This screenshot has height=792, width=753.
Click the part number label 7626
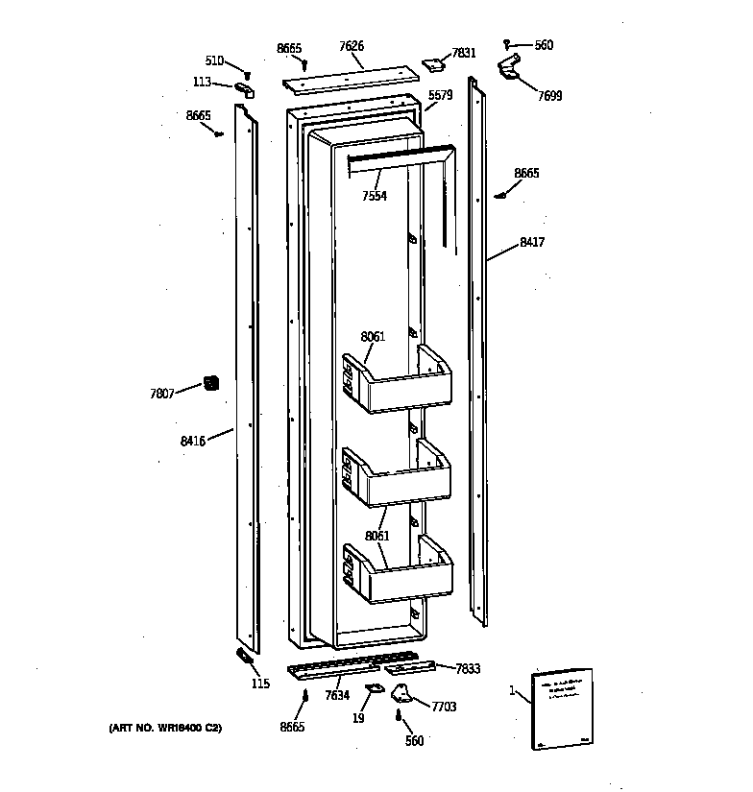[352, 45]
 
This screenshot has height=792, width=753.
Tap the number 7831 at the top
[463, 53]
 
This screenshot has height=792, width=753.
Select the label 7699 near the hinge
[549, 96]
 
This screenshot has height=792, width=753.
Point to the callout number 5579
[440, 95]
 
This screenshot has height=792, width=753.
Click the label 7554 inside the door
[375, 196]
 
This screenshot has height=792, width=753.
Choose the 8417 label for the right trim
[532, 243]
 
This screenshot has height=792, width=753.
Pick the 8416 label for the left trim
[193, 441]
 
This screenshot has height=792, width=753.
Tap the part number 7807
[162, 394]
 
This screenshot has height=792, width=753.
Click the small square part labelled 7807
[210, 383]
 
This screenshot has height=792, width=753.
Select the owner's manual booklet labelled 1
[562, 709]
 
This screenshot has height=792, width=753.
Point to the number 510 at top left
[214, 61]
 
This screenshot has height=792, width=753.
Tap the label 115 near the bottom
[260, 684]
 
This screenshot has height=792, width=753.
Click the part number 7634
[336, 695]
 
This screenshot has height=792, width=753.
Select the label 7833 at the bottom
[468, 668]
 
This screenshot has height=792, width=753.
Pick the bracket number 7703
[444, 707]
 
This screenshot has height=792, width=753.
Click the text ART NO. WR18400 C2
[166, 730]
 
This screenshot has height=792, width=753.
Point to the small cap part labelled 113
[244, 90]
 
